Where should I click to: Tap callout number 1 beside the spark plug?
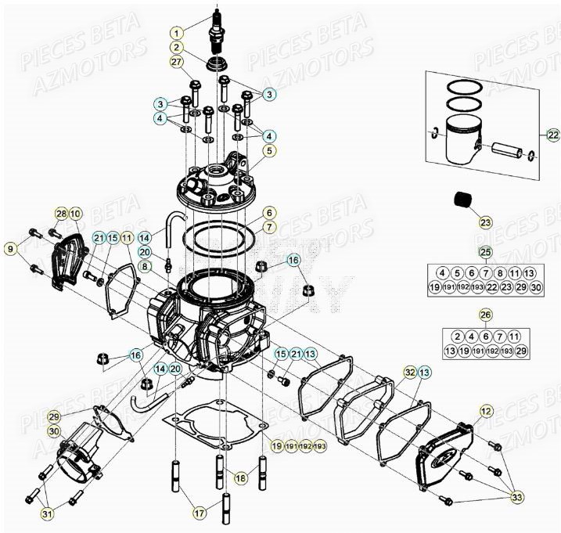(x=178, y=33)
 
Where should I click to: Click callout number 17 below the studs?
(x=200, y=513)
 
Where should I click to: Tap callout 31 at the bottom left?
(x=27, y=514)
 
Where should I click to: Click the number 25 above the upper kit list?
(x=485, y=252)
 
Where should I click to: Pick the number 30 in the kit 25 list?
(x=535, y=289)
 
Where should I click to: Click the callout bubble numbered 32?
(x=409, y=373)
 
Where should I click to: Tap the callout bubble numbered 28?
(x=61, y=214)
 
